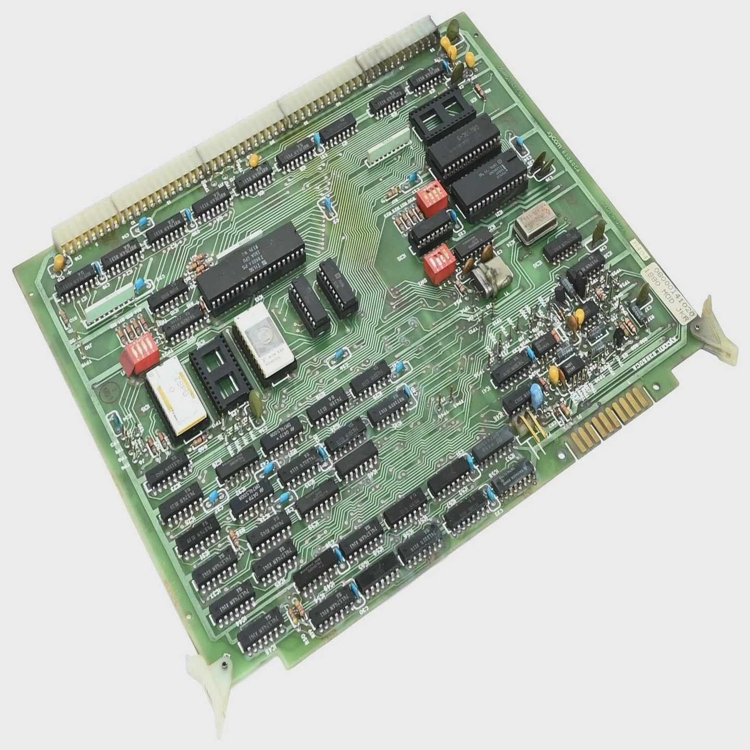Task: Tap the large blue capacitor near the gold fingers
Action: coord(536,393)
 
